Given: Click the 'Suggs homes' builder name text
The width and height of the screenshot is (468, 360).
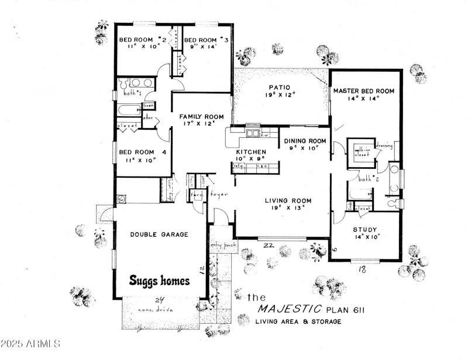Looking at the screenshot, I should [160, 281].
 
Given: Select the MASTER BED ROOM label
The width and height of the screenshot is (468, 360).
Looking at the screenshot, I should [364, 91].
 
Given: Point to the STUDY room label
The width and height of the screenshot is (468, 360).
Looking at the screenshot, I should [365, 230].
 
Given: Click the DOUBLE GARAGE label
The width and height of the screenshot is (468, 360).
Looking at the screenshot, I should [159, 234].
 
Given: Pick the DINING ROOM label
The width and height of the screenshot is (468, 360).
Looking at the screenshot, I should [305, 141].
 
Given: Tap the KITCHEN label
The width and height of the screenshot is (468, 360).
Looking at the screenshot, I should [251, 152].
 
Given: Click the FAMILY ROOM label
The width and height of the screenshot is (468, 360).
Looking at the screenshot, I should [201, 116].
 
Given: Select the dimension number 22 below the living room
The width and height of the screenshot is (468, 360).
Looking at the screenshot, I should [269, 245].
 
